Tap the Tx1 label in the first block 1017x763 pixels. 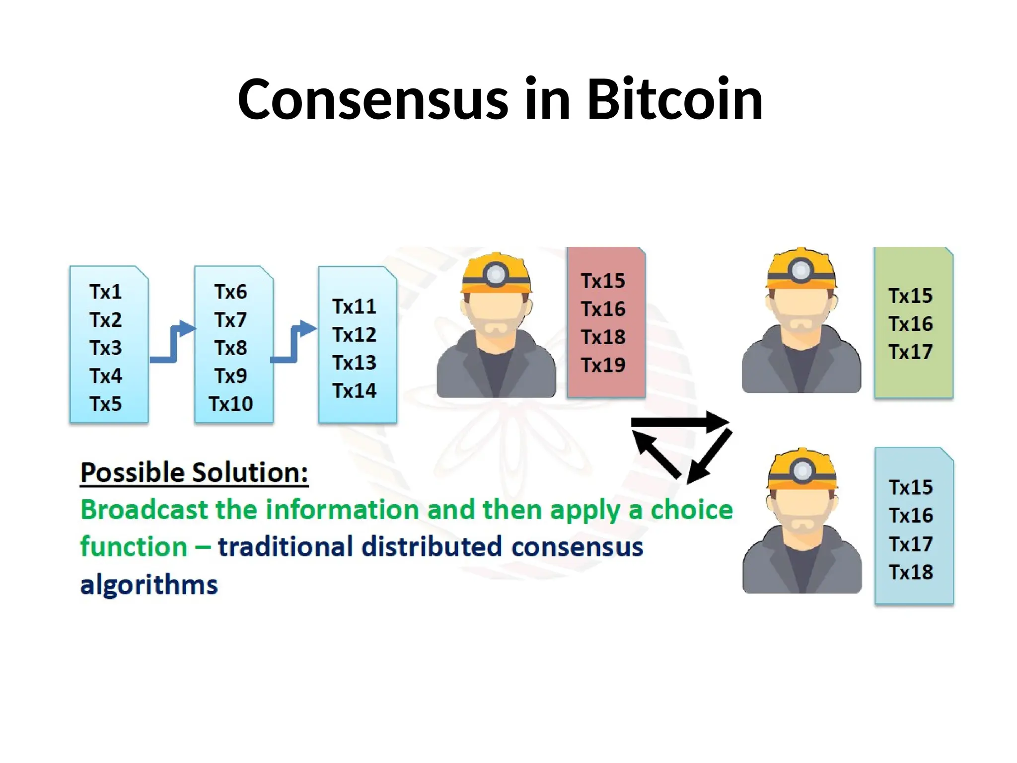point(106,292)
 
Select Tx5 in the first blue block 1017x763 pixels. point(106,404)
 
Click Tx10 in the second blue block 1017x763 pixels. point(231,404)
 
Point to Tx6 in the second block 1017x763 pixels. point(231,292)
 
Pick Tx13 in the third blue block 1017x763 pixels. point(355,363)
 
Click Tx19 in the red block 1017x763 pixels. point(603,365)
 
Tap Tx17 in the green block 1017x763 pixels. point(911,352)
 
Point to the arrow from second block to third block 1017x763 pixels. point(294,343)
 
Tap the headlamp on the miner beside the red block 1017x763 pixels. point(496,274)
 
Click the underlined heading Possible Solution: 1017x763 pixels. point(194,472)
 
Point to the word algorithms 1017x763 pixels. point(149,585)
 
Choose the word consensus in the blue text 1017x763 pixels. point(578,547)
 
